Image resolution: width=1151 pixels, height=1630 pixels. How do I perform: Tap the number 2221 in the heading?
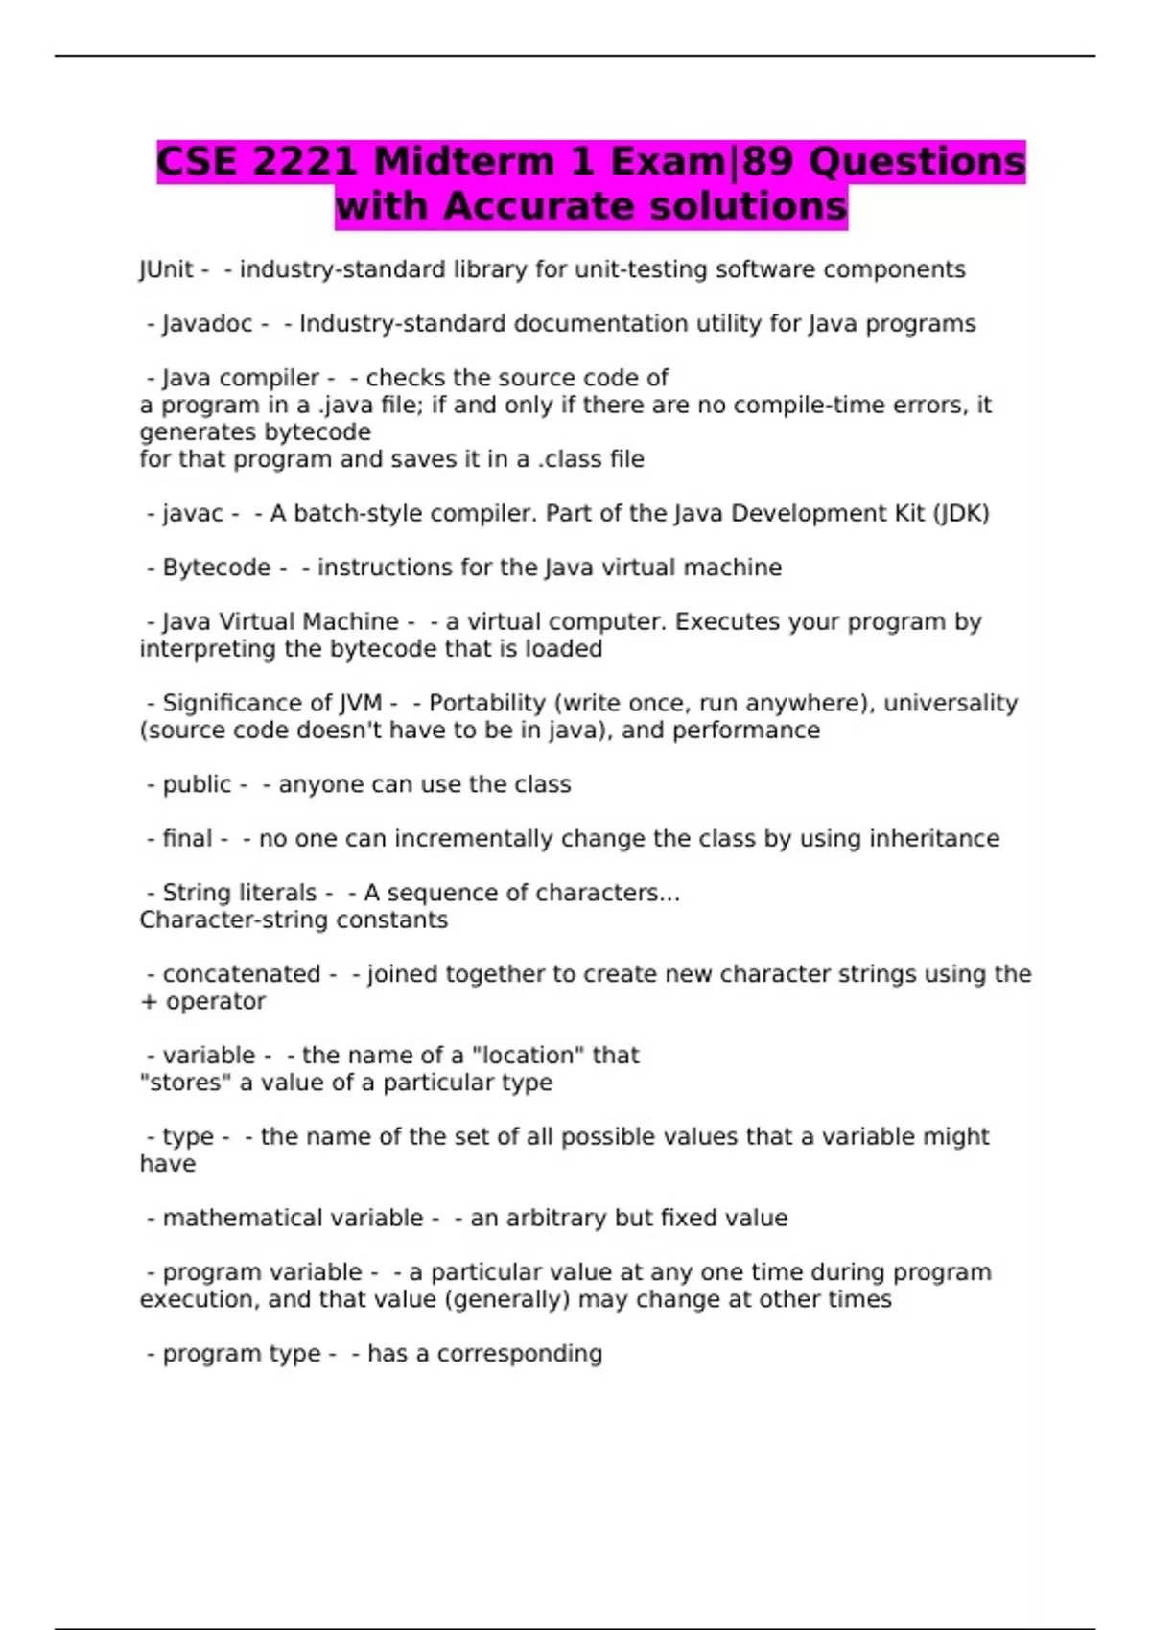tap(305, 161)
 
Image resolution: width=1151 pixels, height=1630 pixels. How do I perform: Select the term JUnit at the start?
tap(166, 269)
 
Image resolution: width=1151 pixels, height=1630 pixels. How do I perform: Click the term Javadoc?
tap(207, 324)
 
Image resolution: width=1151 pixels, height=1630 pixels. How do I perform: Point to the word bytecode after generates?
tap(323, 432)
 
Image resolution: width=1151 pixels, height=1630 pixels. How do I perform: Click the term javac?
tap(193, 514)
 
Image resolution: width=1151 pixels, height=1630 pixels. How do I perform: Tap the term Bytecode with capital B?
tap(217, 568)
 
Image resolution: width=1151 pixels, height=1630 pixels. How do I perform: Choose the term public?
tap(197, 784)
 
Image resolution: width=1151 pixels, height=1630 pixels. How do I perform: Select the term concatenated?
tap(242, 974)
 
